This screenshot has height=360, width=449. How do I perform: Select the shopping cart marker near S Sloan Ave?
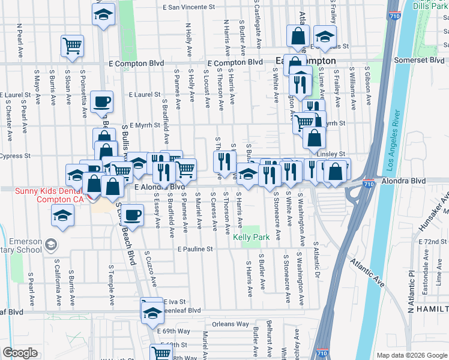[x=72, y=45]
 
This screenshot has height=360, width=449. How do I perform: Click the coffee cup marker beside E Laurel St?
[x=102, y=101]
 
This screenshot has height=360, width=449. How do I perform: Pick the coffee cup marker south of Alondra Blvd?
[x=132, y=214]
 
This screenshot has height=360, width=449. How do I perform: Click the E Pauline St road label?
[x=195, y=248]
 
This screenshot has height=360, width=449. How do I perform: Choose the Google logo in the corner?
[x=20, y=353]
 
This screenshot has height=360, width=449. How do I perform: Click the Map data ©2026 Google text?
[x=412, y=355]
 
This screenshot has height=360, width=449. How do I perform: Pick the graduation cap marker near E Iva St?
[x=152, y=310]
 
